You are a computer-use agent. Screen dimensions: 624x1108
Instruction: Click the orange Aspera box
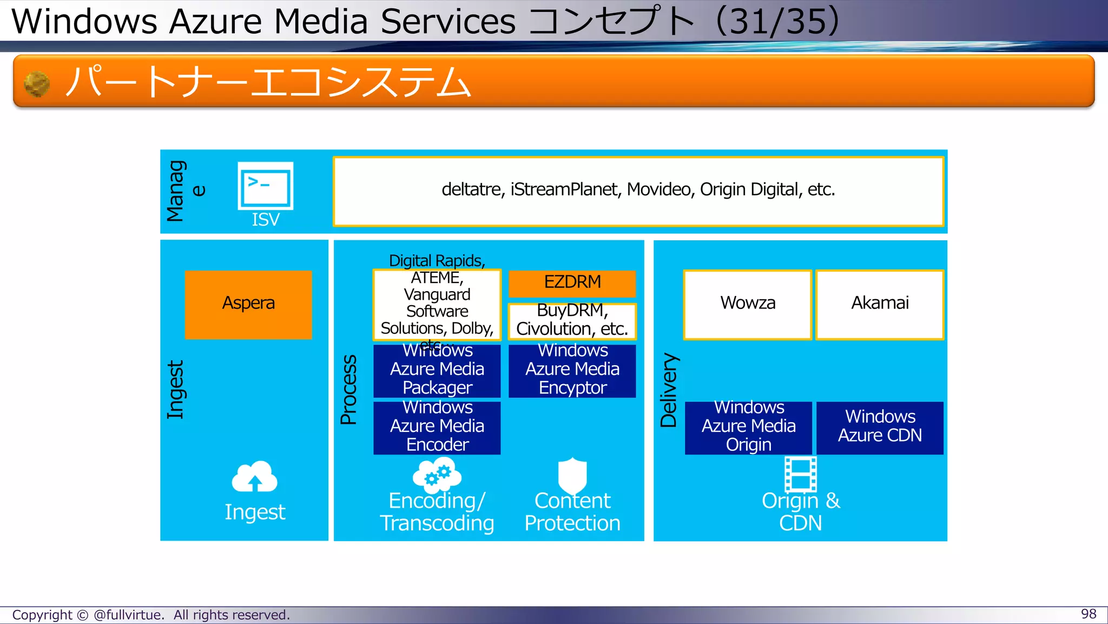248,305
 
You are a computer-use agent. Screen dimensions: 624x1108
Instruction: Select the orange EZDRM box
572,283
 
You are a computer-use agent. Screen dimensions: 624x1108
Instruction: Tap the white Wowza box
748,305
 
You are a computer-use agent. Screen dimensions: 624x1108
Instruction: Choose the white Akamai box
880,305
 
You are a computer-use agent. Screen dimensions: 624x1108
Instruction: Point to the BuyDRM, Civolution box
572,321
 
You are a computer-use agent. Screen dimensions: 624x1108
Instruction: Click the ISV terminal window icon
265,186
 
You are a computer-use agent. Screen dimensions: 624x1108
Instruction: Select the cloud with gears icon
437,474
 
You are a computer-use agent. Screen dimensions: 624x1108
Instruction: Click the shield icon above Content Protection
572,475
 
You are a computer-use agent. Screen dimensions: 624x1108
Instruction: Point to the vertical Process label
349,390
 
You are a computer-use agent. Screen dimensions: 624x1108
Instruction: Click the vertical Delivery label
669,390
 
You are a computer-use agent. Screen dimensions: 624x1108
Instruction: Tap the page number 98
1088,614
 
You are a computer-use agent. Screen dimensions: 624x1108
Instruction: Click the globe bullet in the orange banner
37,84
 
